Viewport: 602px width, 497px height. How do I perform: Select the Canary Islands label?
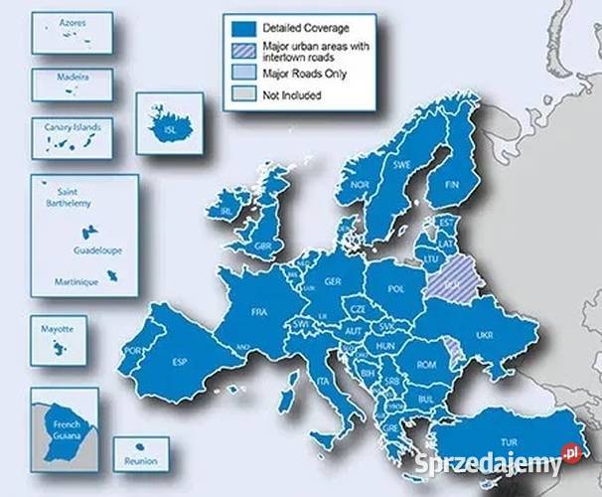tap(72, 125)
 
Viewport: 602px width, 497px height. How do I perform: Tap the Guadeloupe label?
tap(97, 250)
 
